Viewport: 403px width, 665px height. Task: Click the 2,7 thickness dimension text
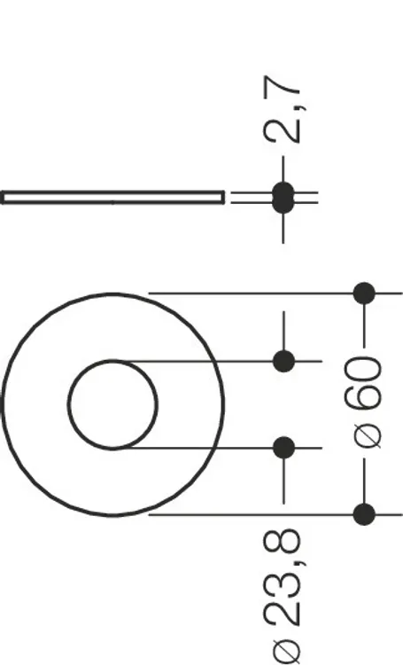coord(283,110)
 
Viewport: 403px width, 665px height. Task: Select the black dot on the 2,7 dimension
coord(283,198)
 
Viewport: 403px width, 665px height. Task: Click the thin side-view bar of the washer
coord(112,198)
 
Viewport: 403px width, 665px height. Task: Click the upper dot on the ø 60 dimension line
coord(364,293)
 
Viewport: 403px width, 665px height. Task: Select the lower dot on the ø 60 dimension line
coord(364,514)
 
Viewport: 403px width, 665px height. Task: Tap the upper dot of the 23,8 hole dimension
coord(284,362)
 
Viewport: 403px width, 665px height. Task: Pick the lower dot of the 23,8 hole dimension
coord(284,448)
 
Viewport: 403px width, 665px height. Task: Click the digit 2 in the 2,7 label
coord(283,130)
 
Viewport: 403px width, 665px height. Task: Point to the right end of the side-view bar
coord(224,198)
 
